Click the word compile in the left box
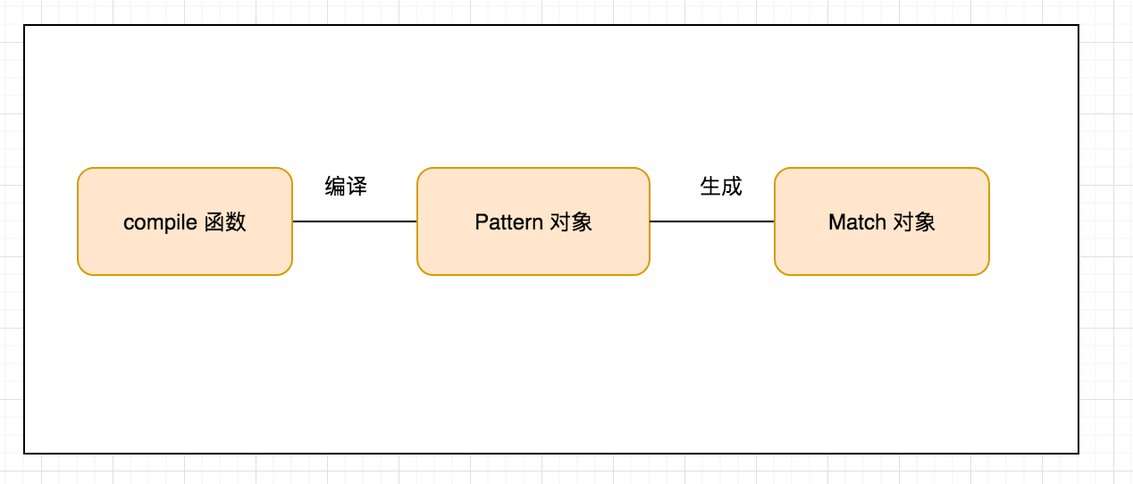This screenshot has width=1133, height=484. pyautogui.click(x=160, y=222)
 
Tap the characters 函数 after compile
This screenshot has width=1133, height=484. pyautogui.click(x=224, y=222)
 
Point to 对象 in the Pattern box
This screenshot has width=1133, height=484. pyautogui.click(x=571, y=222)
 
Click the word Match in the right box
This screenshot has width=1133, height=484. pyautogui.click(x=857, y=222)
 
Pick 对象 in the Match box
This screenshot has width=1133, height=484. pyautogui.click(x=914, y=222)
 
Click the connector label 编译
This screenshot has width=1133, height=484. pyautogui.click(x=346, y=187)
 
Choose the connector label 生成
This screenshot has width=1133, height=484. pyautogui.click(x=721, y=187)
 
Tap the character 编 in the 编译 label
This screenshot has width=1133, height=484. pyautogui.click(x=335, y=187)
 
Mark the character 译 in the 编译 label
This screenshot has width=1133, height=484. pyautogui.click(x=357, y=187)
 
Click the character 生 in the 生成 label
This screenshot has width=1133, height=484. pyautogui.click(x=710, y=187)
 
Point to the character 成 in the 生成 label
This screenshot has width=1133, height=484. pyautogui.click(x=732, y=187)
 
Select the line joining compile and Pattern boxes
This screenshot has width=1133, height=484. pyautogui.click(x=355, y=221)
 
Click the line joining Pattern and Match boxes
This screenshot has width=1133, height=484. pyautogui.click(x=712, y=221)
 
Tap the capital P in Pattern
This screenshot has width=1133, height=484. pyautogui.click(x=481, y=222)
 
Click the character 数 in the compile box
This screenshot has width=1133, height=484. pyautogui.click(x=235, y=222)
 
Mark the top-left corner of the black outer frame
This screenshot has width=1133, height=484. pyautogui.click(x=24, y=25)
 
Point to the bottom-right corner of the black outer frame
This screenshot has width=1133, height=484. pyautogui.click(x=1078, y=454)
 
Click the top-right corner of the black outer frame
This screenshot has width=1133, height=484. pyautogui.click(x=1078, y=25)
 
